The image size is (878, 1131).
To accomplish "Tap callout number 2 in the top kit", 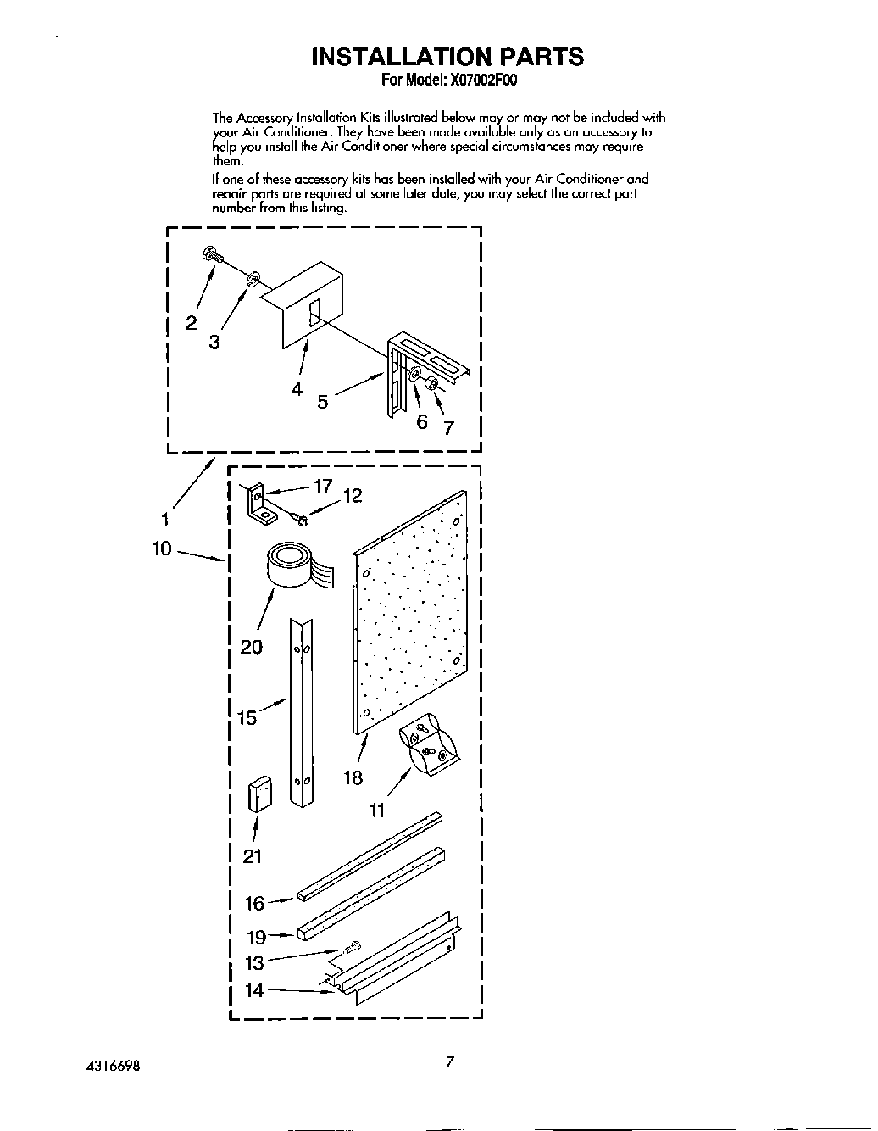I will click(x=192, y=323).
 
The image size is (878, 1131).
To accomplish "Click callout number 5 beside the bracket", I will click(x=322, y=402).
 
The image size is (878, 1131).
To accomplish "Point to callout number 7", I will click(x=449, y=428).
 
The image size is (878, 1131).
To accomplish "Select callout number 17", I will click(x=323, y=487).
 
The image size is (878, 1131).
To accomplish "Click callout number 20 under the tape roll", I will click(x=252, y=647).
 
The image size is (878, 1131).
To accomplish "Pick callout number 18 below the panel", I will click(x=353, y=777).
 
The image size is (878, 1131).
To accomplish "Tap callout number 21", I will click(x=253, y=856).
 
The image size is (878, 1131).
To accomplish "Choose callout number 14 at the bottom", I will click(x=254, y=989).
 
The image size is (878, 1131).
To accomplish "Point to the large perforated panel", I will click(x=409, y=610).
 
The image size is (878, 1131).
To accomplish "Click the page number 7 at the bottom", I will click(x=451, y=1061).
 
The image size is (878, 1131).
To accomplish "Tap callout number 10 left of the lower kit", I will click(x=162, y=549).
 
